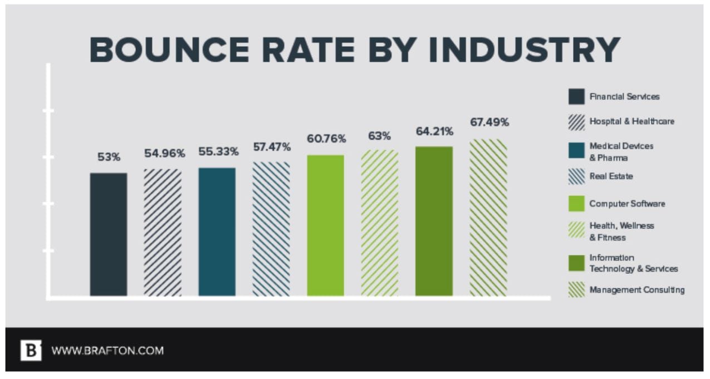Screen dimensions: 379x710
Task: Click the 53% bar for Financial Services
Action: tap(109, 234)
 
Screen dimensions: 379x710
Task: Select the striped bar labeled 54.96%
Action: tap(163, 232)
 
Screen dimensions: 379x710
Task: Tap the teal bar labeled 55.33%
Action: tap(217, 232)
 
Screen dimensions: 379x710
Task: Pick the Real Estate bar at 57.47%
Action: tap(271, 229)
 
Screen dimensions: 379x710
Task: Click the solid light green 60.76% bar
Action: tap(325, 225)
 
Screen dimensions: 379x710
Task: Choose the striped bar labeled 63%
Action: tap(379, 223)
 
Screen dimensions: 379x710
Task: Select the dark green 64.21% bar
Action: tap(434, 221)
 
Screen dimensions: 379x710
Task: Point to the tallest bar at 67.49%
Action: tap(488, 218)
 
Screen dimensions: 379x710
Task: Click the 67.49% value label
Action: tap(489, 122)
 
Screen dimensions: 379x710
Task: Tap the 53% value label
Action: tap(109, 157)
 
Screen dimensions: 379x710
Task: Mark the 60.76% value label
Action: tap(326, 138)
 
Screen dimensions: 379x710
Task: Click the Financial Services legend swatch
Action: tap(576, 96)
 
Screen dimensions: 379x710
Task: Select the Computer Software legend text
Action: tap(627, 204)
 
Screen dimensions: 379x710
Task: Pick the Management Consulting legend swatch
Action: tap(576, 289)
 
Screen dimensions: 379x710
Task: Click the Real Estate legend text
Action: tap(611, 176)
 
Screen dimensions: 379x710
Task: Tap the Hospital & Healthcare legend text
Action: tap(631, 121)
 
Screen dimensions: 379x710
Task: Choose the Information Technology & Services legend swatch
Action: tap(576, 263)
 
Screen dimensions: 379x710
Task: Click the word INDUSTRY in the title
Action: tap(527, 50)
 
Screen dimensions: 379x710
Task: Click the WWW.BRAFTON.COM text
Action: tap(107, 351)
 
